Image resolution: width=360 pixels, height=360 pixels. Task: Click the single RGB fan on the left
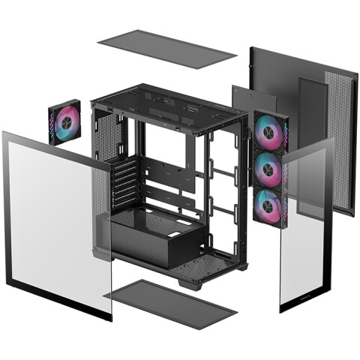64,121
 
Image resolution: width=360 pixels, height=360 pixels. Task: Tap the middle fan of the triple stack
267,170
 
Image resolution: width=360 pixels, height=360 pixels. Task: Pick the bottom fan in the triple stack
267,206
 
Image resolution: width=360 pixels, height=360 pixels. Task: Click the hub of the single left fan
64,122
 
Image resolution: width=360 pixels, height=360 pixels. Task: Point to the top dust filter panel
166,49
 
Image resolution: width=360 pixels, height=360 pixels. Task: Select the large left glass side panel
52,217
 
